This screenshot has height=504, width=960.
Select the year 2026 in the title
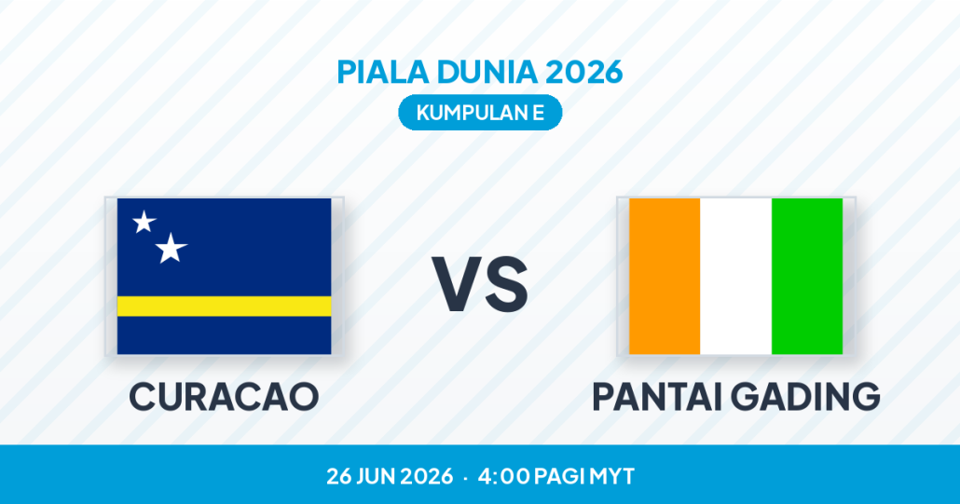(583, 72)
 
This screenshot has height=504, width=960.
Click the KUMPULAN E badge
(480, 113)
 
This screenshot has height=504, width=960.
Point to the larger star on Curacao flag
(171, 249)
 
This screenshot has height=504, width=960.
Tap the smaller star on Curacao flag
(144, 222)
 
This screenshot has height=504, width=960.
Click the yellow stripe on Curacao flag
(224, 306)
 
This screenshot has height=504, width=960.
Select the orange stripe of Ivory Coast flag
(665, 276)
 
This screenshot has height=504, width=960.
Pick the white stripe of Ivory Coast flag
(735, 276)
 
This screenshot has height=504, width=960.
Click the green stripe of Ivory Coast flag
(807, 276)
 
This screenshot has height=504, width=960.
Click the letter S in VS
(504, 284)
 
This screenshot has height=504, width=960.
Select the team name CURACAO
(224, 396)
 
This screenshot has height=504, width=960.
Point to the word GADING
(805, 396)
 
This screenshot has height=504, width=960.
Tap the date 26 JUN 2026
(390, 476)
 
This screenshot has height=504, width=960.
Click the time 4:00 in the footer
(503, 476)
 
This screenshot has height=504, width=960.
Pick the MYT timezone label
(611, 476)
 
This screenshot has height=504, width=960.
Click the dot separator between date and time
(465, 477)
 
